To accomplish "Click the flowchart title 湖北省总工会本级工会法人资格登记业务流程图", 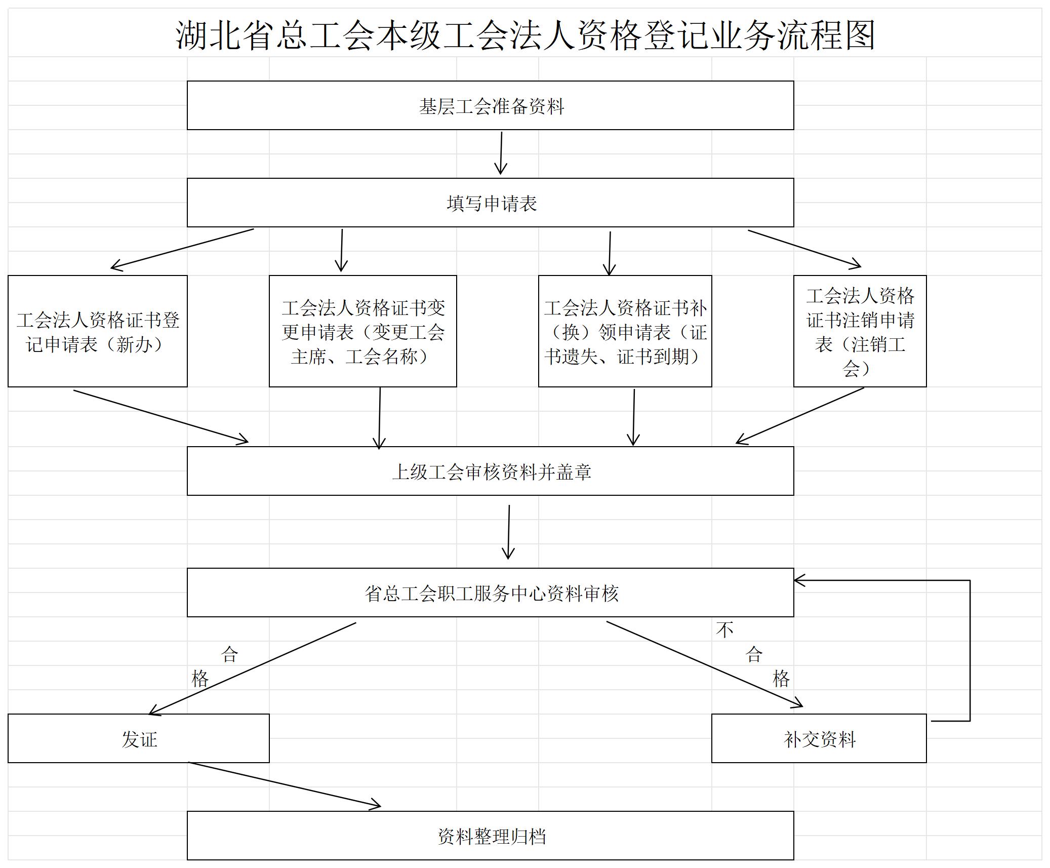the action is [x=525, y=35].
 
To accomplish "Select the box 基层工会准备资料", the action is [x=490, y=105].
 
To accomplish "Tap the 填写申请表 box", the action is [x=490, y=203].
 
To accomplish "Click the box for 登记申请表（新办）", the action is [x=98, y=331].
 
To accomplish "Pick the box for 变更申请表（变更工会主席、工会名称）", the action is [x=362, y=331].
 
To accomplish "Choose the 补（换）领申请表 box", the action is [x=625, y=331].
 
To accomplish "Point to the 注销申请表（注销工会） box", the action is [x=860, y=331].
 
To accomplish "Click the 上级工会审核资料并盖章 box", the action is [x=490, y=471].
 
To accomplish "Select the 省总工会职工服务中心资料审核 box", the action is [x=490, y=593].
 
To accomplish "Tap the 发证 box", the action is [x=139, y=738].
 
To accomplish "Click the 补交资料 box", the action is [x=819, y=738].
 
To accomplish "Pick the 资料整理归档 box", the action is [x=490, y=836].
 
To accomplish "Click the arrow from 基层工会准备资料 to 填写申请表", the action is [x=501, y=153].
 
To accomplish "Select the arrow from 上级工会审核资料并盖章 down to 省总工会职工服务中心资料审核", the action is [x=508, y=532].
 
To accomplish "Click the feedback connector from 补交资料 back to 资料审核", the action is [x=970, y=650].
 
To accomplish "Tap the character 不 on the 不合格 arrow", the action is [x=724, y=630].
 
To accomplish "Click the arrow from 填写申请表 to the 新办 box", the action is [x=182, y=249].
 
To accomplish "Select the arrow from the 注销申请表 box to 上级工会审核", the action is [x=800, y=416].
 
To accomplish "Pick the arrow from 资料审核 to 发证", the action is [x=253, y=668].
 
